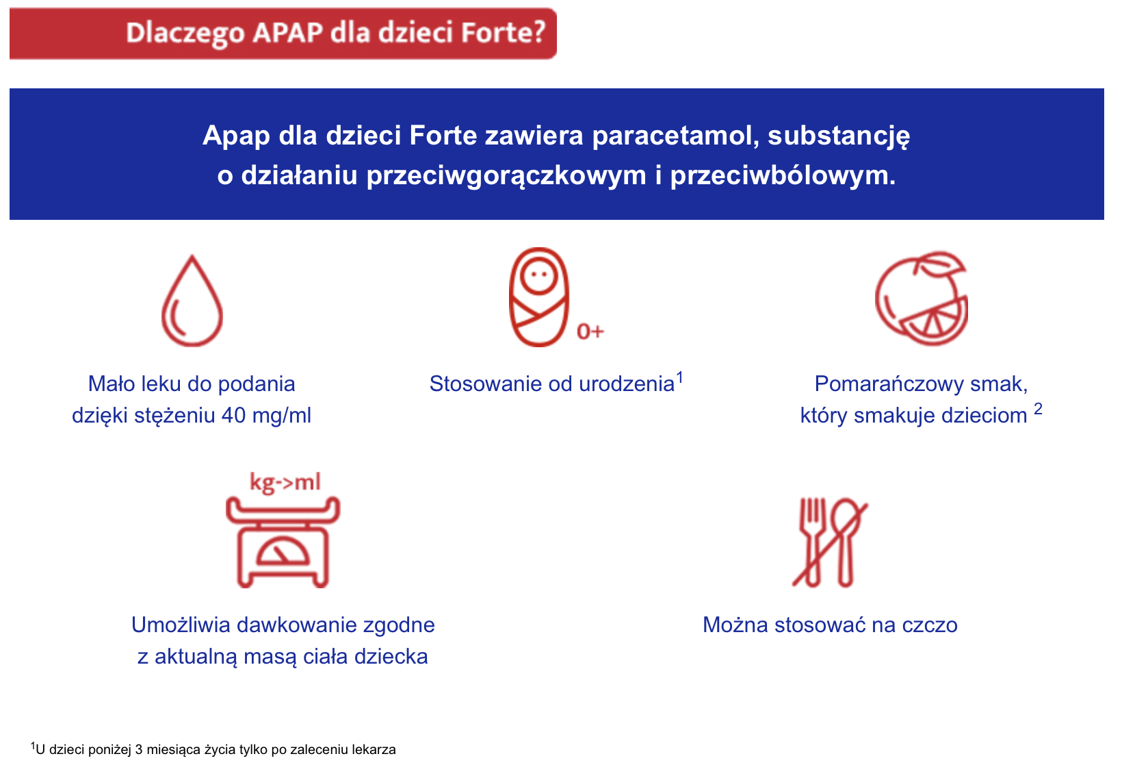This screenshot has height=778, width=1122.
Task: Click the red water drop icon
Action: pos(192,302)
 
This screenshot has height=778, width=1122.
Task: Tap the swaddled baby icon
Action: pos(539,297)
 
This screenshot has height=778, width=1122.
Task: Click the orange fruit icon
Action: pos(922,299)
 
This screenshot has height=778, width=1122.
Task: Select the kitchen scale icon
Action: pos(283,541)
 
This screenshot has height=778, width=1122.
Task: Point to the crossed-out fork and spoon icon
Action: pos(830,542)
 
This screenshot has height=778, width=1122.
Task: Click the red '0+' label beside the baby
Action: pos(590,331)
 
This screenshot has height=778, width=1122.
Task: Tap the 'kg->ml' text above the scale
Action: pos(285,482)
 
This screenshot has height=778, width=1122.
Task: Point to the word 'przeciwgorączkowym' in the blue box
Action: pos(506,175)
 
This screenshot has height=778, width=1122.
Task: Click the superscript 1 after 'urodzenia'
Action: pos(680,376)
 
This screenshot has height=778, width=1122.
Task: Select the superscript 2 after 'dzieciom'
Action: pos(1038,409)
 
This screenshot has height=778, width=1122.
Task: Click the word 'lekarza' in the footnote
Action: pos(374,749)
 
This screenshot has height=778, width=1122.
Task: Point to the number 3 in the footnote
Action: pos(139,749)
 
